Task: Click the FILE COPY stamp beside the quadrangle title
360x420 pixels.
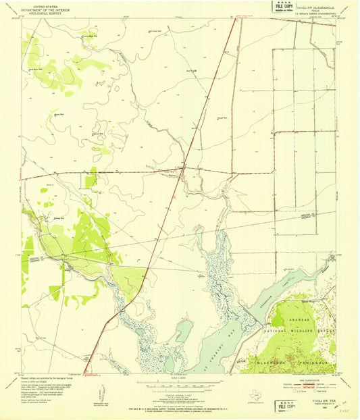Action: pyautogui.click(x=283, y=9)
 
